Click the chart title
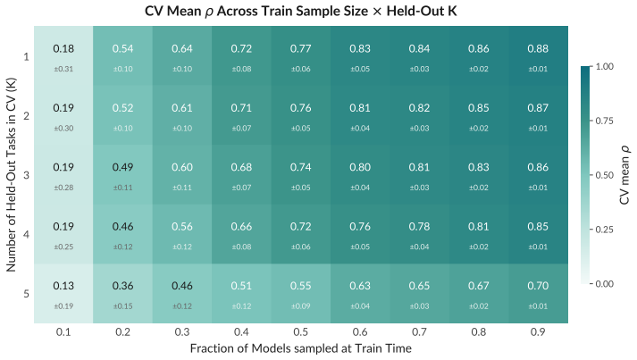pos(300,11)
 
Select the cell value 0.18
pos(63,49)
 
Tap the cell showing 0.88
pos(538,49)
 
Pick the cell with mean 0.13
pos(63,286)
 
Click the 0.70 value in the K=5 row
pos(538,286)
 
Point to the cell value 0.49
pos(122,167)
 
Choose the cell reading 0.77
pos(300,49)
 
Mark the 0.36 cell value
pos(122,286)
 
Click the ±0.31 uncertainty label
pos(63,69)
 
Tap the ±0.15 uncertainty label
pos(122,306)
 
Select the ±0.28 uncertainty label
pos(63,188)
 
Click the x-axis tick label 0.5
pos(300,332)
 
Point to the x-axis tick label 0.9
pos(538,332)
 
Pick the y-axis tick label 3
pos(27,175)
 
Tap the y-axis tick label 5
pos(27,294)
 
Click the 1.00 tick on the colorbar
pos(605,66)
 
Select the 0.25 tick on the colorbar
pos(605,230)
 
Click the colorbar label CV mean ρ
pos(624,175)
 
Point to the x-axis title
pos(300,348)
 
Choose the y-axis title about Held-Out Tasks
pos(11,175)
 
